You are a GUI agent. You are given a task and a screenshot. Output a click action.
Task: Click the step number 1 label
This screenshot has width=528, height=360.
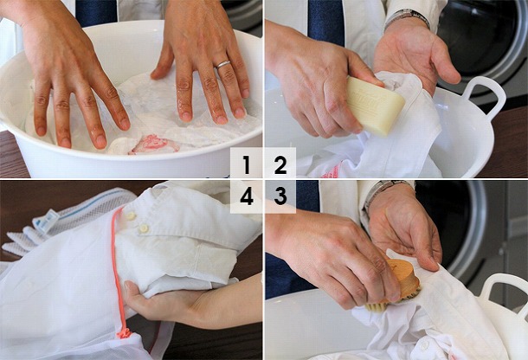tap(247, 165)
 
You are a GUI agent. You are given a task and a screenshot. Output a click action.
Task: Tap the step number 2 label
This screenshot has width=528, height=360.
tap(280, 165)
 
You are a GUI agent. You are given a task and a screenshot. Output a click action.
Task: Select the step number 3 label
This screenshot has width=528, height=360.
tap(280, 196)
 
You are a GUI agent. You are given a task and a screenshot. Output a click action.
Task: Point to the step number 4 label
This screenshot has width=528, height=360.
tap(247, 196)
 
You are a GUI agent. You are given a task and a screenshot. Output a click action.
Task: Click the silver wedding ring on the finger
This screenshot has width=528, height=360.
tap(223, 64)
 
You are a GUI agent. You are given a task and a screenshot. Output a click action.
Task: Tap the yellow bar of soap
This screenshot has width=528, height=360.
tap(375, 106)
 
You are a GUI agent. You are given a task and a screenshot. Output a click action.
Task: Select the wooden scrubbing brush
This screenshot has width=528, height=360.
tap(396, 285)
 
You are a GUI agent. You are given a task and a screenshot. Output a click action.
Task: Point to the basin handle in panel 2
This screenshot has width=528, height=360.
tap(483, 96)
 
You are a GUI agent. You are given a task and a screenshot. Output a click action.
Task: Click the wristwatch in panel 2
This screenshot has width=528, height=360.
tap(407, 16)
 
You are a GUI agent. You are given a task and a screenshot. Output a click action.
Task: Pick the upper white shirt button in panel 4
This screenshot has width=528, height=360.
tap(131, 215)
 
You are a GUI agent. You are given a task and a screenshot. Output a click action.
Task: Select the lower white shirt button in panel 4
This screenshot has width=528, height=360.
tap(144, 228)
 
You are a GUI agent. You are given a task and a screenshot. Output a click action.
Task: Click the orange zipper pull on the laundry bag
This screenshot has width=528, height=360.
tap(124, 333)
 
